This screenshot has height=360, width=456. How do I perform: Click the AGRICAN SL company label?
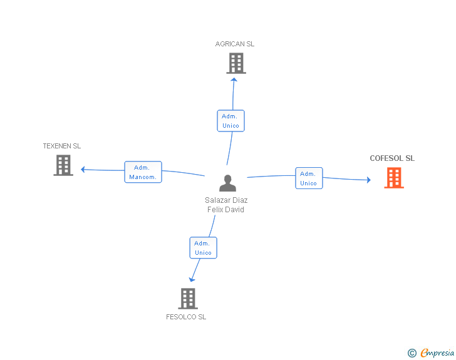pos(235,44)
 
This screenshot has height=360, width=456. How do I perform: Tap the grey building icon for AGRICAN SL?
pos(236,63)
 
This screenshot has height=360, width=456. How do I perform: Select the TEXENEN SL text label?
pos(61,146)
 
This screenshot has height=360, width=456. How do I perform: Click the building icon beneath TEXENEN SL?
pos(63,165)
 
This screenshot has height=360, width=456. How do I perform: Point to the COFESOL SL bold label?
pos(392,158)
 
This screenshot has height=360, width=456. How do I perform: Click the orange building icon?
pos(394,178)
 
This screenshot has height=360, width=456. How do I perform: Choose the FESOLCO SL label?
pos(186,317)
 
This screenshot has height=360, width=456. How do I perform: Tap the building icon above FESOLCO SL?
pos(188,299)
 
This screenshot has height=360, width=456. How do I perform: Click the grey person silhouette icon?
pos(228,183)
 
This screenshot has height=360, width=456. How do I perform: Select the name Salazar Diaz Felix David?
pos(226,205)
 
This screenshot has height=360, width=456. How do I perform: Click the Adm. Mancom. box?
pos(143,172)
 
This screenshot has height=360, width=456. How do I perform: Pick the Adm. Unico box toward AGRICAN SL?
pos(231,121)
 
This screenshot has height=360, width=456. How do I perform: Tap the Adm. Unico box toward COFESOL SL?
pos(309,178)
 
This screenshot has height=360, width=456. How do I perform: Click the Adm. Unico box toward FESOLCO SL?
pos(204,248)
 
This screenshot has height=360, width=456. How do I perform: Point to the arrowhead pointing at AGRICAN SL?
pos(234,80)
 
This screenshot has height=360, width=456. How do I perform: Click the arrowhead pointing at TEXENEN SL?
pos(83,169)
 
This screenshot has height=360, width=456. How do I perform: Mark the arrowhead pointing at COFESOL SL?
pos(369,180)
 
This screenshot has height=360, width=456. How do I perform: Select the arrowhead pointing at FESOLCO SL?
pos(192,279)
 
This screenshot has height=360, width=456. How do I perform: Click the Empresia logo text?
pos(437,352)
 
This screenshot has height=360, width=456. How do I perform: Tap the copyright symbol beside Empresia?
pos(412,353)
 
